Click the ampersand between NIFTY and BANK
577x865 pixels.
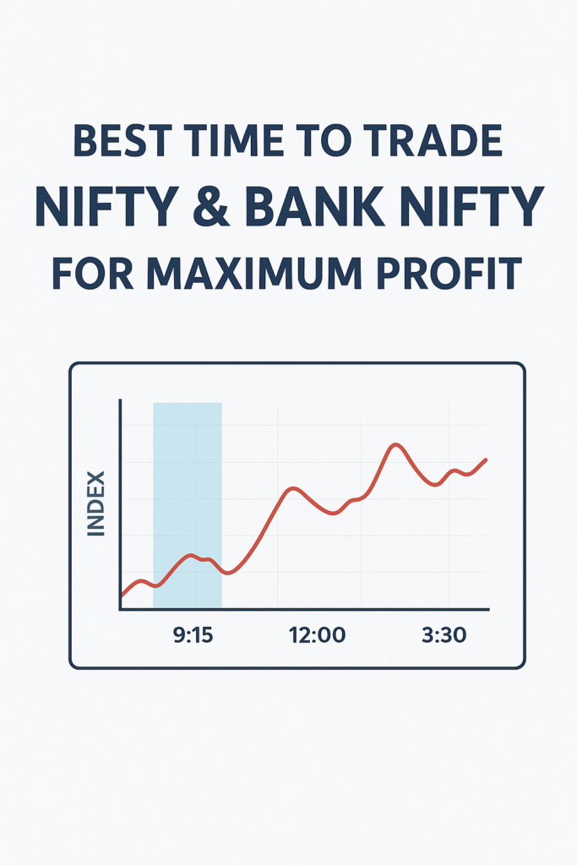[x=211, y=206]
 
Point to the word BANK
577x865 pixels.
[x=314, y=206]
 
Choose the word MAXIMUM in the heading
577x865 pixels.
[x=254, y=273]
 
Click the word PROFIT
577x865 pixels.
[x=449, y=273]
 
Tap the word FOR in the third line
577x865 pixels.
[x=93, y=273]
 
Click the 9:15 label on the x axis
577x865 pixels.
[x=193, y=635]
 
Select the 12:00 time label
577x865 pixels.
[x=317, y=635]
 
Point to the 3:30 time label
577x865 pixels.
[x=444, y=635]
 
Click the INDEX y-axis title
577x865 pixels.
[x=96, y=503]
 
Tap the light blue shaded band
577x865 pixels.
[x=188, y=505]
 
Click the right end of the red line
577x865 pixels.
[x=486, y=459]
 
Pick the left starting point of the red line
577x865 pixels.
[x=122, y=596]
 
